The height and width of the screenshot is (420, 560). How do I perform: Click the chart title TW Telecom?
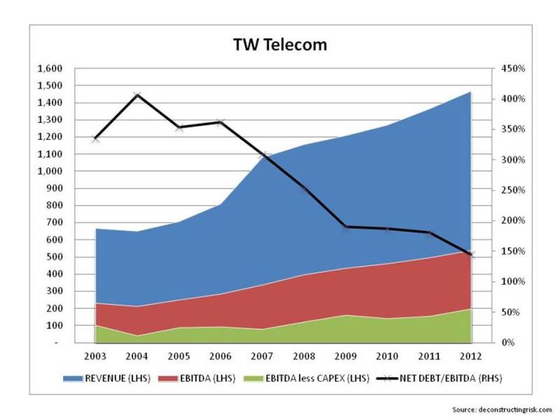coord(280,45)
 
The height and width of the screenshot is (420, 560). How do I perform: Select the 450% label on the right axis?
coord(507,69)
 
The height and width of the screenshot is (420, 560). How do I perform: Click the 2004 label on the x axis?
coord(137,355)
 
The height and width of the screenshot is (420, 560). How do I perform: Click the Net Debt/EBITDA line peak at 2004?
coord(137,94)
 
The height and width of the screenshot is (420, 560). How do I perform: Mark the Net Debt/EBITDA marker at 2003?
coord(95,139)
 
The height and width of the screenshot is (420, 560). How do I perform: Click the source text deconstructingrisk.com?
coord(503,409)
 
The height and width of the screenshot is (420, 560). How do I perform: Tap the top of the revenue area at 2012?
coord(469,92)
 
